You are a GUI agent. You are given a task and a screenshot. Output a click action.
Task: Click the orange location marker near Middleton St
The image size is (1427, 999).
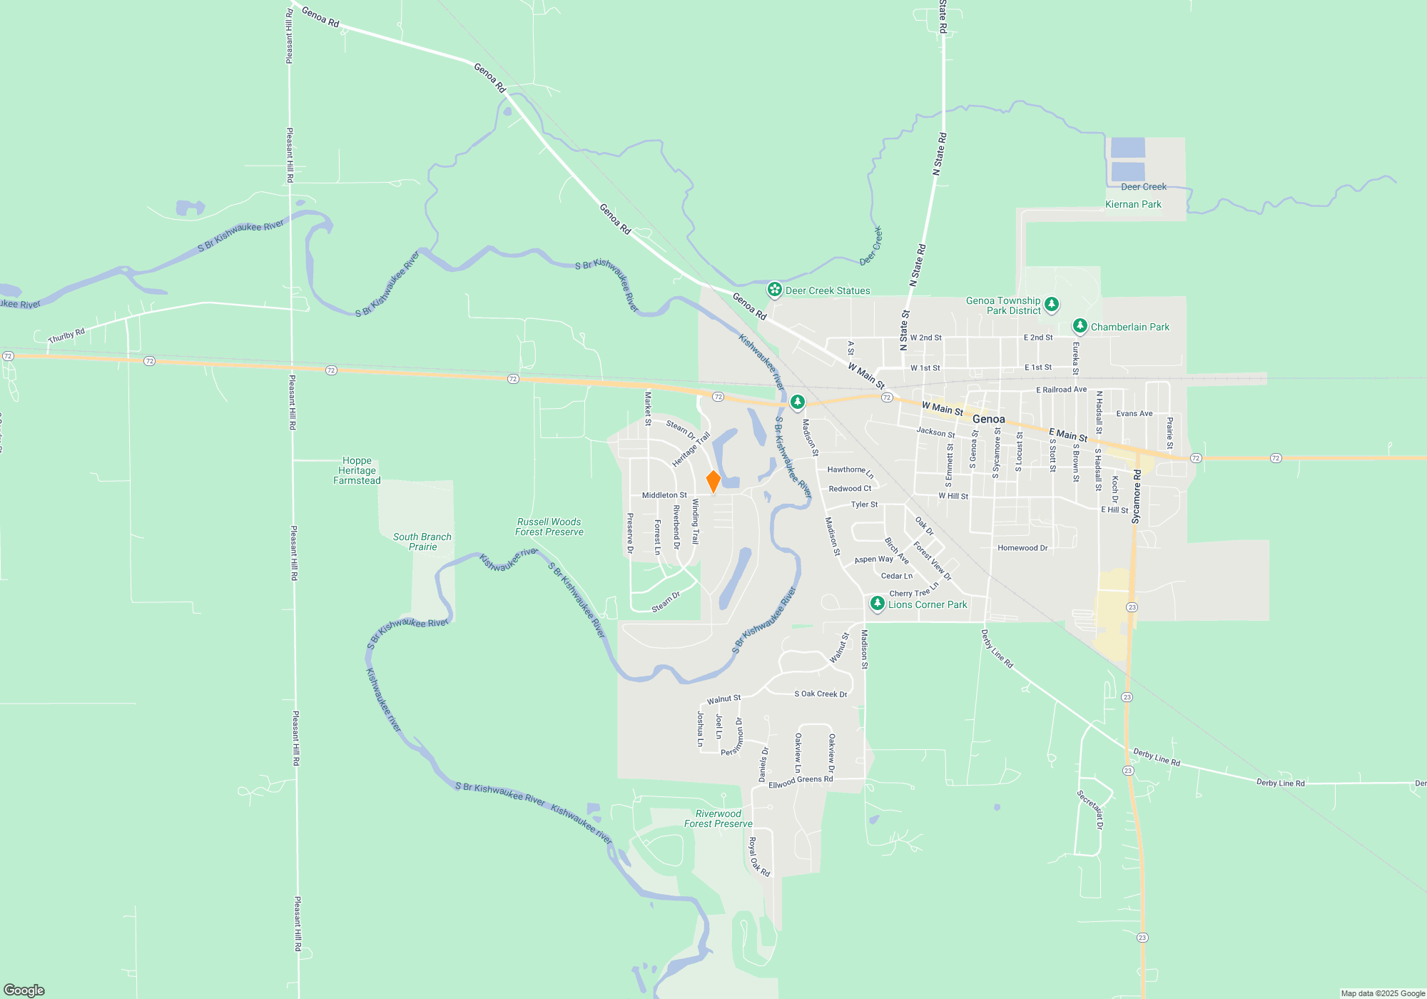coord(713,481)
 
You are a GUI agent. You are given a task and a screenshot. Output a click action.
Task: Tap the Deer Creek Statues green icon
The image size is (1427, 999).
coord(774,290)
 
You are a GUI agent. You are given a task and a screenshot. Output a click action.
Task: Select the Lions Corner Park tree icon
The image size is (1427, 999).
coord(877,604)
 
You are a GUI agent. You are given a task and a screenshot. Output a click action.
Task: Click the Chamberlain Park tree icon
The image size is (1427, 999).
coord(1080,326)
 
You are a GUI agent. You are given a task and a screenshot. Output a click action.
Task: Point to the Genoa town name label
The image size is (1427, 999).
coord(988,419)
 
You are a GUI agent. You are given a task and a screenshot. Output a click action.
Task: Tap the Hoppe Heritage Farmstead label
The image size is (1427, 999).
coord(357,471)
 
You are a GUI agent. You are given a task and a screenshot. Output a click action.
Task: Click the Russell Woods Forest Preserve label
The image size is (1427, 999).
coord(549,527)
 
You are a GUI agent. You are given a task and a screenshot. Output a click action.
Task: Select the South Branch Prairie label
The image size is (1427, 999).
coord(422,542)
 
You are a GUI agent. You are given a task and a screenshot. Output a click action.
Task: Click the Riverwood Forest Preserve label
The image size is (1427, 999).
coord(718,818)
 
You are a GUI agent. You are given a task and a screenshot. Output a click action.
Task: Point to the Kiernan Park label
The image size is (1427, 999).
coord(1133,204)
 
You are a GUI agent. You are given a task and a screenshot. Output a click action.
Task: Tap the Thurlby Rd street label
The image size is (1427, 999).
coord(66,335)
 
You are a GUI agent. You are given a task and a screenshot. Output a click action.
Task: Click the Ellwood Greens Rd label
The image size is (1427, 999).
coord(801,781)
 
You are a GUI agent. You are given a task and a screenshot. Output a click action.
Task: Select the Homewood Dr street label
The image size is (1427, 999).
coord(1022,548)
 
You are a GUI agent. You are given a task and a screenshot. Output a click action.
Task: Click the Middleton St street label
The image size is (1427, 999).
coord(664,495)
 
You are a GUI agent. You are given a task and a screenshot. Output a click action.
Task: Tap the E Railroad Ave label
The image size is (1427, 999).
coord(1061,390)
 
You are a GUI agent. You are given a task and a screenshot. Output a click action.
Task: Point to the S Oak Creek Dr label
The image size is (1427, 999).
coord(821,694)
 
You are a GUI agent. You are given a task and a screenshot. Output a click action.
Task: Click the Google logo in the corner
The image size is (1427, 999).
coord(24,990)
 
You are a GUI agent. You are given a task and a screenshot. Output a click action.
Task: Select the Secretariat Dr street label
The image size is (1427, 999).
coord(1090,809)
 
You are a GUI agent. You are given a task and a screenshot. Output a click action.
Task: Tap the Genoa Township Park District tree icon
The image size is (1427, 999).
coord(1051,305)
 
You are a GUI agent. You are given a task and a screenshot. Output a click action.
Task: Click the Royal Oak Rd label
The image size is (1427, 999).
coord(758,857)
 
